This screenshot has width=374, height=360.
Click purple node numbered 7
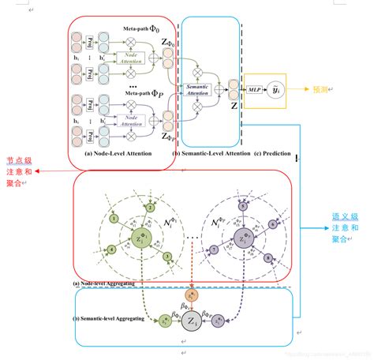coord(214,250)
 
